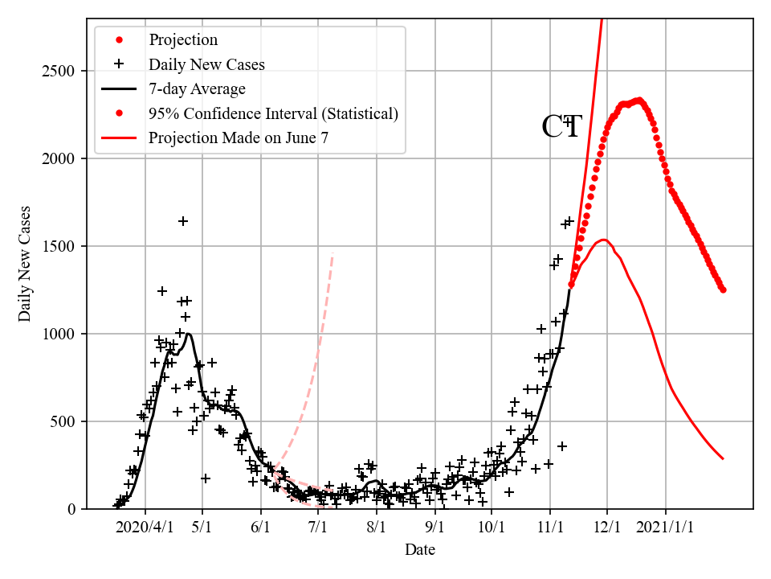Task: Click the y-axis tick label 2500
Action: point(59,72)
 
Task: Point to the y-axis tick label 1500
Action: point(59,246)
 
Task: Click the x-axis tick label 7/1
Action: point(318,531)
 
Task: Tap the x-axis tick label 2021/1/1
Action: point(666,531)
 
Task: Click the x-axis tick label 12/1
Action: point(607,531)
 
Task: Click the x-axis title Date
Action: point(420,550)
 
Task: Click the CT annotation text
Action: point(561,127)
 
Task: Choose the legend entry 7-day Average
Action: point(197,88)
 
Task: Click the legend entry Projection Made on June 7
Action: point(238,138)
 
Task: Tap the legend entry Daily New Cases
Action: point(206,64)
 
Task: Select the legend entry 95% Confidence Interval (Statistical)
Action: point(273,113)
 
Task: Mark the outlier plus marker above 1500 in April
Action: point(183,221)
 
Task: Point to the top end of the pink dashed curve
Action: point(332,255)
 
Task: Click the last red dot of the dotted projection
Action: point(723,289)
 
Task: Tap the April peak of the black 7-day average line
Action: point(188,334)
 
